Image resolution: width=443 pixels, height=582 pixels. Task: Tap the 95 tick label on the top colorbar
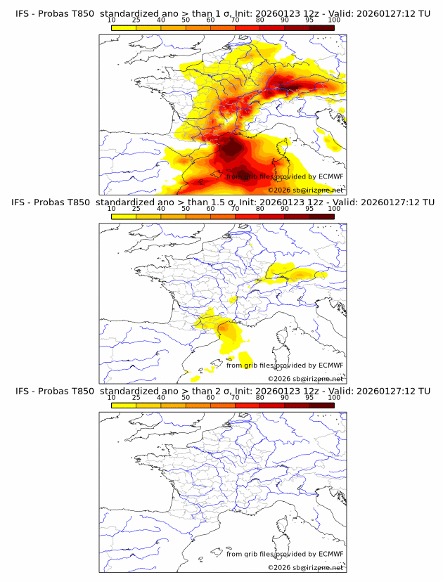pyautogui.click(x=309, y=20)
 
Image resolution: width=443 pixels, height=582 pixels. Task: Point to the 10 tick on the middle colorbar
pyautogui.click(x=112, y=209)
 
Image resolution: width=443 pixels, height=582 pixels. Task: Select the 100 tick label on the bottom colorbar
pyautogui.click(x=334, y=397)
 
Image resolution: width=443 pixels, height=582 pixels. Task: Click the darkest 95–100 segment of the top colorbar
pyautogui.click(x=322, y=27)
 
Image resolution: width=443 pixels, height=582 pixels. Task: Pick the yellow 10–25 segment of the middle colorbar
pyautogui.click(x=124, y=216)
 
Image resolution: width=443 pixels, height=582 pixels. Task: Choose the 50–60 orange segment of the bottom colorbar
pyautogui.click(x=198, y=404)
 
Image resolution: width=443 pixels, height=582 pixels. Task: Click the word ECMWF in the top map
pyautogui.click(x=330, y=177)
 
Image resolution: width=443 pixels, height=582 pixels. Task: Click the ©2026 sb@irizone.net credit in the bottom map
pyautogui.click(x=305, y=567)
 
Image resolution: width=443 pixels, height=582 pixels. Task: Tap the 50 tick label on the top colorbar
pyautogui.click(x=186, y=20)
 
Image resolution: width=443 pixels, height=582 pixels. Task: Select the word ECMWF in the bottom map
pyautogui.click(x=330, y=554)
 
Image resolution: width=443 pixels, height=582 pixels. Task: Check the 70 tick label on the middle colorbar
pyautogui.click(x=235, y=209)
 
